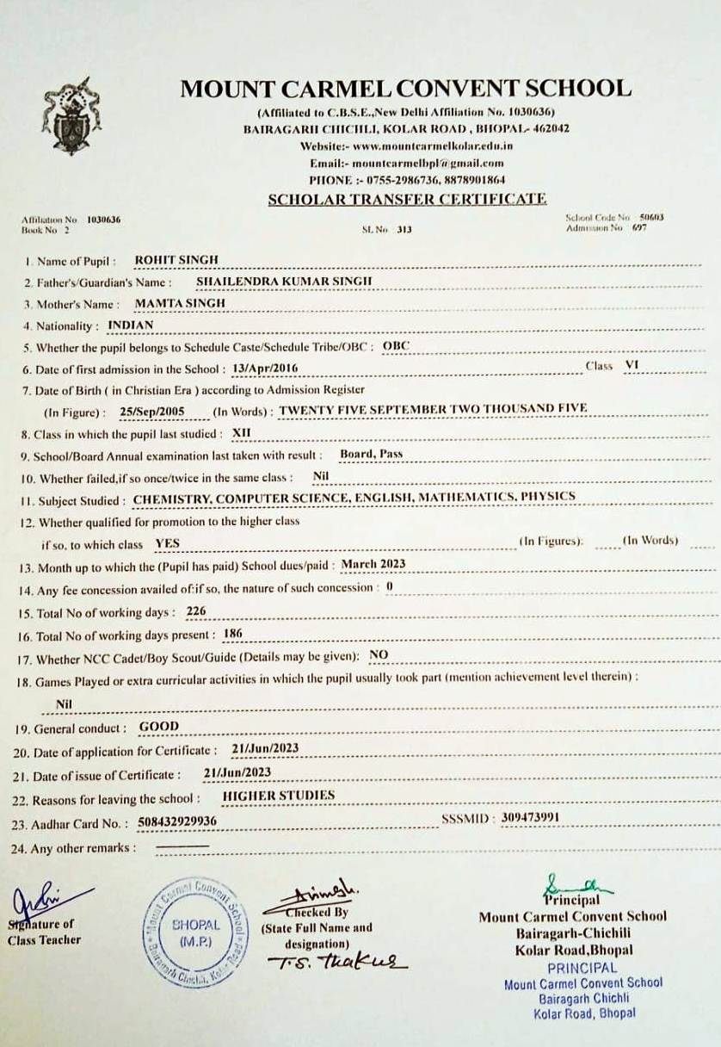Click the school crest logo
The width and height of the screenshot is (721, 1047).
(71, 115)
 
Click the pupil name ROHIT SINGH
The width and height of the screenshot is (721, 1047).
(177, 260)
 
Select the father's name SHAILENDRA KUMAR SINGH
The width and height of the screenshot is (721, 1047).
(284, 282)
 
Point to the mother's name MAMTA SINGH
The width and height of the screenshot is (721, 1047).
(180, 304)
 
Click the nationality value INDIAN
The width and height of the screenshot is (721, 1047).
(131, 325)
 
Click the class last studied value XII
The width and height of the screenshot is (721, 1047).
(242, 433)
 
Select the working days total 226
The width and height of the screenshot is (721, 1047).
(195, 611)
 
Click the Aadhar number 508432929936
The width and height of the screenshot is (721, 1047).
(176, 822)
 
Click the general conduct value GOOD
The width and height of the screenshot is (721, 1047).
(159, 727)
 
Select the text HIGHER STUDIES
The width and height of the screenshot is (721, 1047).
(278, 796)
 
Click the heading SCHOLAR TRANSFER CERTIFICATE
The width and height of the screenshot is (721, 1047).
(406, 199)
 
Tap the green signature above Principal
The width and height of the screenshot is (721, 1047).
(573, 885)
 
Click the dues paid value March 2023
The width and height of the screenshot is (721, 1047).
(373, 565)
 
